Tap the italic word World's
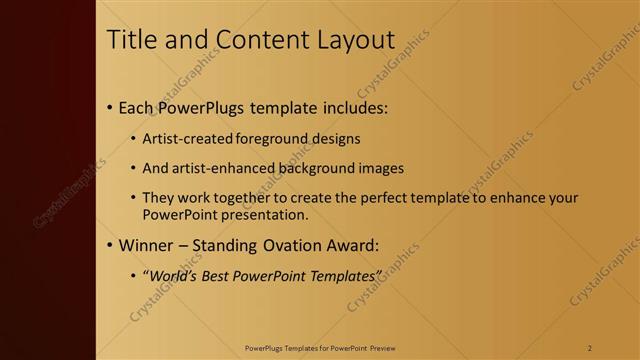[173, 275]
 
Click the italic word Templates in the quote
[345, 275]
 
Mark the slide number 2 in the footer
[589, 347]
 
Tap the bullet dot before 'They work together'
[135, 198]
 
